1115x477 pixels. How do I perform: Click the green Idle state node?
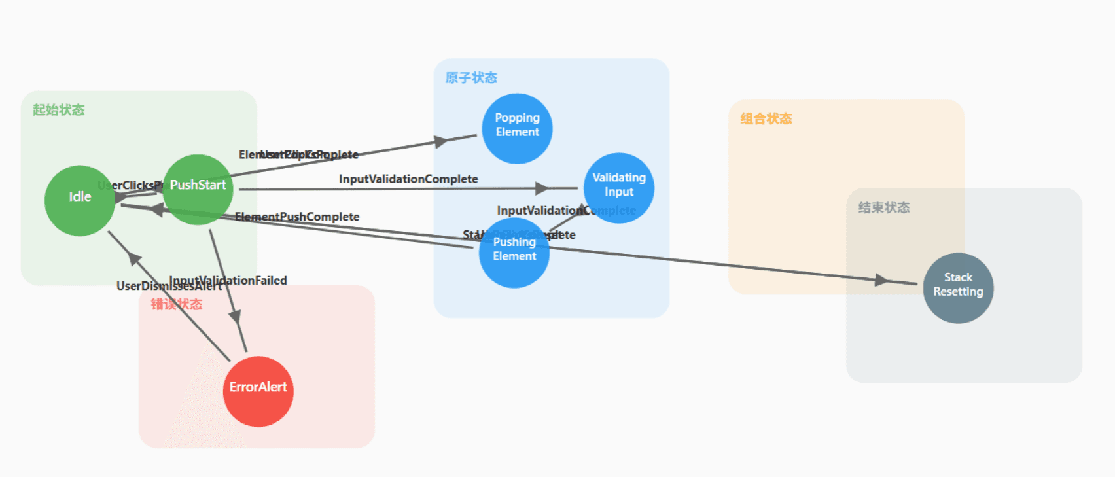point(80,200)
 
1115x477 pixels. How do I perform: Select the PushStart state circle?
point(198,190)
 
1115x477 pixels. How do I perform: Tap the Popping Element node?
point(517,128)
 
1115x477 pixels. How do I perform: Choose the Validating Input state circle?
point(618,188)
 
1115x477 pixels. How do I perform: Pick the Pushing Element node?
point(514,253)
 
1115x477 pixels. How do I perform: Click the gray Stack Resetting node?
point(958,288)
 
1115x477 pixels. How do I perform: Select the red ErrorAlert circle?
point(258,391)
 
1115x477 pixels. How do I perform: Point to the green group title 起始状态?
point(59,110)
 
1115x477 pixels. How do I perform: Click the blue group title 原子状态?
point(471,78)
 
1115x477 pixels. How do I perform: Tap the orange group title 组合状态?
point(766,118)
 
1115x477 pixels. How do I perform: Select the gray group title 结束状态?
point(884,207)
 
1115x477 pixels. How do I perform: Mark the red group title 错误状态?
point(177,304)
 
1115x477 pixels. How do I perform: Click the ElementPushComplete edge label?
point(297,217)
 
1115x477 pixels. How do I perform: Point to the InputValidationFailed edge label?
point(229,280)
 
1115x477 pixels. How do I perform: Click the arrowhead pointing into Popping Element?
point(442,141)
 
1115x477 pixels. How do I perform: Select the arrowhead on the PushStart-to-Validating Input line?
point(542,188)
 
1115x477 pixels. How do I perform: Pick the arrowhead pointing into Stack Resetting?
point(881,280)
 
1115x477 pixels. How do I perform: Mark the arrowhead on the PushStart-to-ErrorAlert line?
point(235,317)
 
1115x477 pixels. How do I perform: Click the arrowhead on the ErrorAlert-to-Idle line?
point(134,259)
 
